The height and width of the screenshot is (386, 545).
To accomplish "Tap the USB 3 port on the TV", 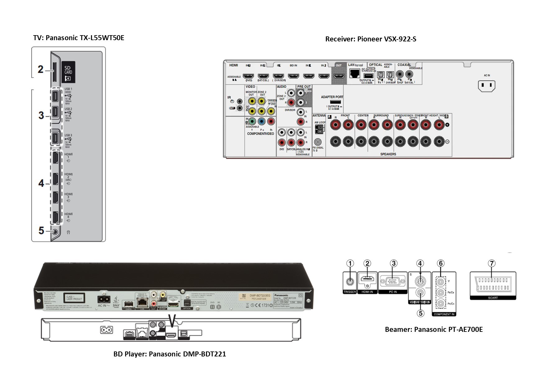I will [x=55, y=138].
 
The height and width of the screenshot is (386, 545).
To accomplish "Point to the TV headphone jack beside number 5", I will [x=55, y=231].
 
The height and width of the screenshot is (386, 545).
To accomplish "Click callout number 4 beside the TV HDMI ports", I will [x=41, y=183].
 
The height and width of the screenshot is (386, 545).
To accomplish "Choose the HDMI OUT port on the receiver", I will [x=339, y=76].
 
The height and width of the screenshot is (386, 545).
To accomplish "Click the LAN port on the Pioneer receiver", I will [x=355, y=73].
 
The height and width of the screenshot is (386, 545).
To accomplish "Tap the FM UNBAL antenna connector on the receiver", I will [x=318, y=142].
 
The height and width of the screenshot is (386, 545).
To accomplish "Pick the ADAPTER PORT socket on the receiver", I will [x=335, y=102].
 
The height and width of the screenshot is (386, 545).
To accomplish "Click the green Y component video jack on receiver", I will [x=252, y=121].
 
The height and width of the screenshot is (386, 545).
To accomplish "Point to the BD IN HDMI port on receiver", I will [x=293, y=76].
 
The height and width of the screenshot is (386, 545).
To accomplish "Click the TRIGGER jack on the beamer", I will [x=350, y=281].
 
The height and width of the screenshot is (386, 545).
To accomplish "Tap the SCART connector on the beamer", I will [x=492, y=284].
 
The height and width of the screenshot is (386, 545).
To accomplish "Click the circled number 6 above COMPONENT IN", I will [x=440, y=264].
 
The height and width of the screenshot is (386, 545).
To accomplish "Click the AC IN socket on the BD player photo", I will [x=104, y=299].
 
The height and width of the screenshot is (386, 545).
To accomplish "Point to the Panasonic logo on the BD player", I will [x=282, y=295].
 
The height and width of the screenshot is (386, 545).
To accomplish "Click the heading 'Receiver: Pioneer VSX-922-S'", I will [x=370, y=39].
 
